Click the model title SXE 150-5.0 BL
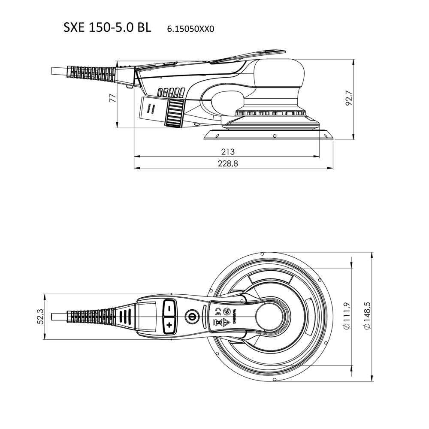coord(107,27)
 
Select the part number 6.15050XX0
coord(191,29)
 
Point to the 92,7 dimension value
coord(349,98)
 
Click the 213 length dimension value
coord(228,151)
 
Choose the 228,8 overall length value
coord(228,163)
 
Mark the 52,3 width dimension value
coord(40,317)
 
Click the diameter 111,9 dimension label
coord(346,316)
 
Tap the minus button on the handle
coord(169,308)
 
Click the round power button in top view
coord(191,317)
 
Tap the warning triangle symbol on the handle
coord(226,323)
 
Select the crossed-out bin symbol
coord(218,323)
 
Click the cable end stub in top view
coord(59,317)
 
